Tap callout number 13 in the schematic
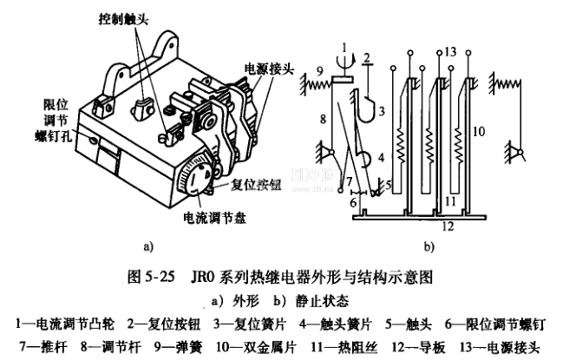point(449,53)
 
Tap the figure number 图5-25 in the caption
point(152,278)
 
